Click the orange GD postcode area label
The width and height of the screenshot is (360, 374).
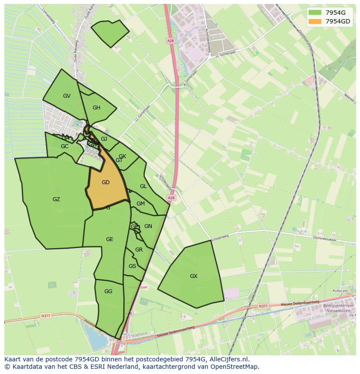(x=105, y=182)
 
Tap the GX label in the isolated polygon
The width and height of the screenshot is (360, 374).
(x=193, y=276)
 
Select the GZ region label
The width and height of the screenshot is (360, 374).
(x=56, y=199)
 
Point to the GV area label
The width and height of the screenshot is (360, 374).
(x=67, y=96)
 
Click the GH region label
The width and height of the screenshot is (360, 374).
(x=97, y=108)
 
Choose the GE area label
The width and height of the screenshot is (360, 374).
(x=110, y=239)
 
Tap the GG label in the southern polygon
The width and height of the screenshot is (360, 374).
(x=108, y=291)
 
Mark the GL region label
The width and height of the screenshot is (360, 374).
(x=143, y=186)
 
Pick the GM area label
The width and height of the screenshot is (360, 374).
(x=140, y=204)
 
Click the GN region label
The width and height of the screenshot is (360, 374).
(x=148, y=226)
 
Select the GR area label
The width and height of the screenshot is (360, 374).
(x=139, y=249)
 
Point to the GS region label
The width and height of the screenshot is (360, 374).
(x=132, y=266)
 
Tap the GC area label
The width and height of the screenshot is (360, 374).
(x=64, y=146)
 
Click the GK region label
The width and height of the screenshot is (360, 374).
(x=122, y=156)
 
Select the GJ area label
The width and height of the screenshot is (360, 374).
(x=104, y=139)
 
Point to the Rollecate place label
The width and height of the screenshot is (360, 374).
(x=340, y=291)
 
